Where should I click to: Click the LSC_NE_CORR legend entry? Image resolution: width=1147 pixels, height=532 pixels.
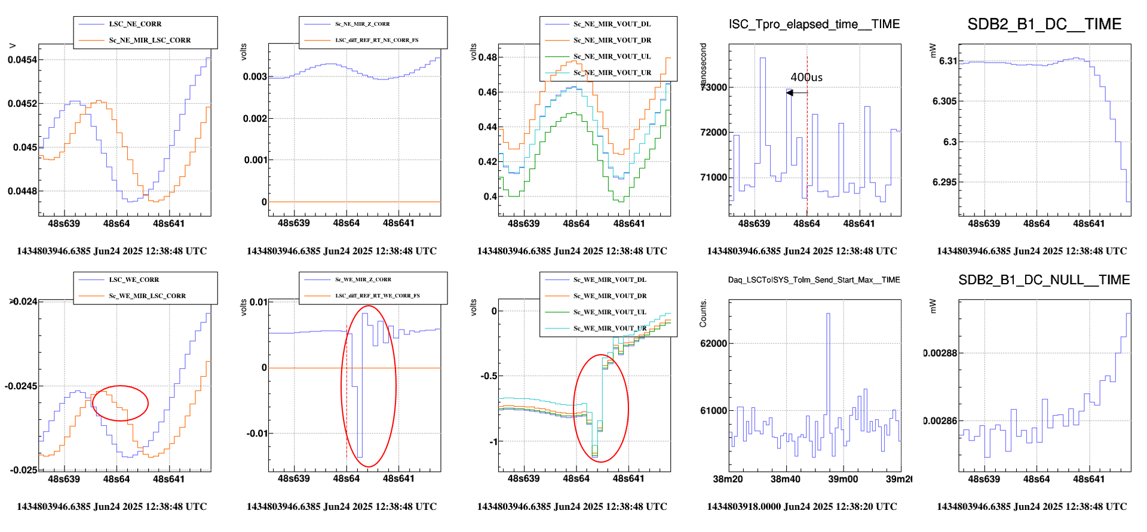tap(135, 24)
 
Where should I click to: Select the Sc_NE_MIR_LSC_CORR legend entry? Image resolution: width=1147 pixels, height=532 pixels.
tap(149, 41)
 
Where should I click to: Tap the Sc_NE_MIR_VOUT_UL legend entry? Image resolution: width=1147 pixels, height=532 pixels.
tap(612, 57)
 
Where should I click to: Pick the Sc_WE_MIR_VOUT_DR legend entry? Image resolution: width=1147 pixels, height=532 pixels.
tap(612, 296)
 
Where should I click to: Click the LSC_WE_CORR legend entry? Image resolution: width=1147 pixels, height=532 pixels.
tap(134, 280)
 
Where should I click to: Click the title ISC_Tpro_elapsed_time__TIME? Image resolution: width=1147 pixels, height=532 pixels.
tap(814, 24)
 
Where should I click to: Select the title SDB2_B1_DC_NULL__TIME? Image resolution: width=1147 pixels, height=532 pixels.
tap(1044, 280)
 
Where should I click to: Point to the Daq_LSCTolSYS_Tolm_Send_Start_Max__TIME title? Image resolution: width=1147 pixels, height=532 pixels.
tap(814, 280)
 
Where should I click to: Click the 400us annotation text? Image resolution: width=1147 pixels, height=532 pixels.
tap(806, 78)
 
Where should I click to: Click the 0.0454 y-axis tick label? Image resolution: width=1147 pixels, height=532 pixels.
tap(22, 60)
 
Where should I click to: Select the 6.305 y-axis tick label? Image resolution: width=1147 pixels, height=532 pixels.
tap(944, 102)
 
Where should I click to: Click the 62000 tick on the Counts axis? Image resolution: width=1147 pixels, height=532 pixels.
tap(713, 343)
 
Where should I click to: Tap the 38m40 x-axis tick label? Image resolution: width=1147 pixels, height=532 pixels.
tap(785, 479)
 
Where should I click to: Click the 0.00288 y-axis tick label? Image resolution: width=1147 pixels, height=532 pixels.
tap(940, 353)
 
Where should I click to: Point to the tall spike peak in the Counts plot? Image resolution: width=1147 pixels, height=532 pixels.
tap(828, 314)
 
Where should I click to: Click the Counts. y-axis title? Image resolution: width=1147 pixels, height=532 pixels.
tap(703, 313)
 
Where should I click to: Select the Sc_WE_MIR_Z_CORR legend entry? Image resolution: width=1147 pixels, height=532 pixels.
tap(363, 280)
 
